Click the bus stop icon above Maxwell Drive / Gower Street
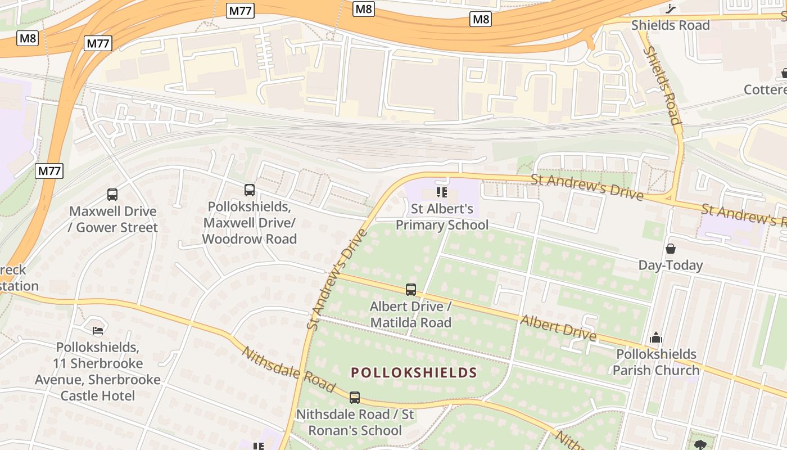112,195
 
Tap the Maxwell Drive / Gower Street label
114,219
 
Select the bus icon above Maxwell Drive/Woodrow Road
250,190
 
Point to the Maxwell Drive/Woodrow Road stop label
250,223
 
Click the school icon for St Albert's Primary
442,193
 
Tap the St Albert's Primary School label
442,217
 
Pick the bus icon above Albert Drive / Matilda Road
411,290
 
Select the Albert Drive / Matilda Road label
410,314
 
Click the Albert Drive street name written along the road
558,327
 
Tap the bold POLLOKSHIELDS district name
414,372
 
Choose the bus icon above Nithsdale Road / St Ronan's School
354,398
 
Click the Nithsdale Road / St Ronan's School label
355,422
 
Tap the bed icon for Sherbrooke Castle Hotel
98,330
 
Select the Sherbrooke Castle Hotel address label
98,371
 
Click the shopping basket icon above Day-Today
670,248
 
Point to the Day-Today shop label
670,265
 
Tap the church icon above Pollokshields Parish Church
655,338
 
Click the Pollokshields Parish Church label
656,362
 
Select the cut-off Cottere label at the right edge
765,90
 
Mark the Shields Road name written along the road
662,85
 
